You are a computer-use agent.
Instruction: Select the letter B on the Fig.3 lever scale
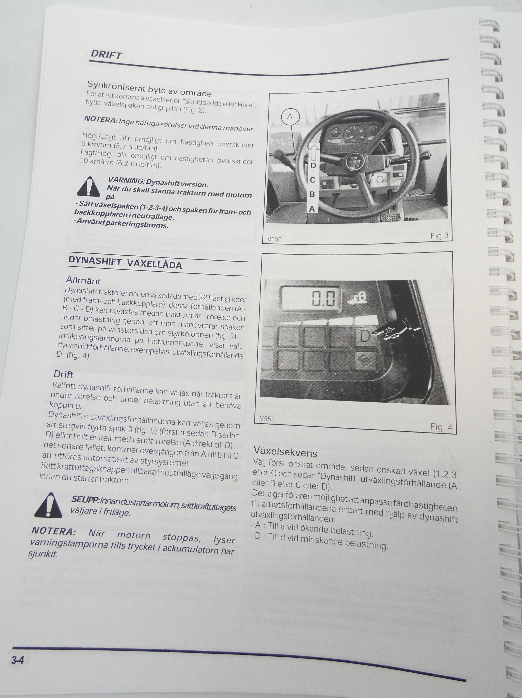[312, 194]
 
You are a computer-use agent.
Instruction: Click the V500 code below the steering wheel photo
[274, 239]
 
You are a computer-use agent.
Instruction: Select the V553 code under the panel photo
[267, 419]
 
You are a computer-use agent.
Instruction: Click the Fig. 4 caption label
[441, 427]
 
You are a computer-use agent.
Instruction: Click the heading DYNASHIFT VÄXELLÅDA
[125, 262]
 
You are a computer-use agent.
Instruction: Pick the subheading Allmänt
[83, 280]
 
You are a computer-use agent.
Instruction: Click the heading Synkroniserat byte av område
[150, 88]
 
